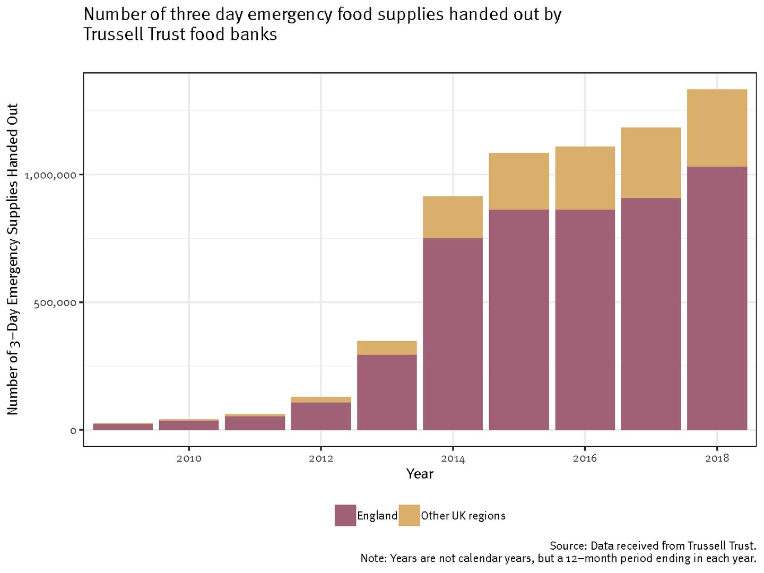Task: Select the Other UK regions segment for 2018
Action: tap(717, 128)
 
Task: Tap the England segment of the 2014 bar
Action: tap(453, 334)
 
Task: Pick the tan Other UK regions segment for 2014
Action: tap(453, 217)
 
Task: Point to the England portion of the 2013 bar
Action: tap(387, 392)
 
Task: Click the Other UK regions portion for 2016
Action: tap(585, 178)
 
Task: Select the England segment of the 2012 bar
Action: tap(321, 416)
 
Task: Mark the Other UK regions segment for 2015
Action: tap(519, 181)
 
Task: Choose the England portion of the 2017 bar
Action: tap(651, 314)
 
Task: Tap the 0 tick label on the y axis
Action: tap(73, 430)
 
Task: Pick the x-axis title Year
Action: tap(420, 474)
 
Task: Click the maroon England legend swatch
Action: tap(345, 515)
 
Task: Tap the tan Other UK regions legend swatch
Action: tap(409, 515)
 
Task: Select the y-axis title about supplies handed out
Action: tap(13, 259)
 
